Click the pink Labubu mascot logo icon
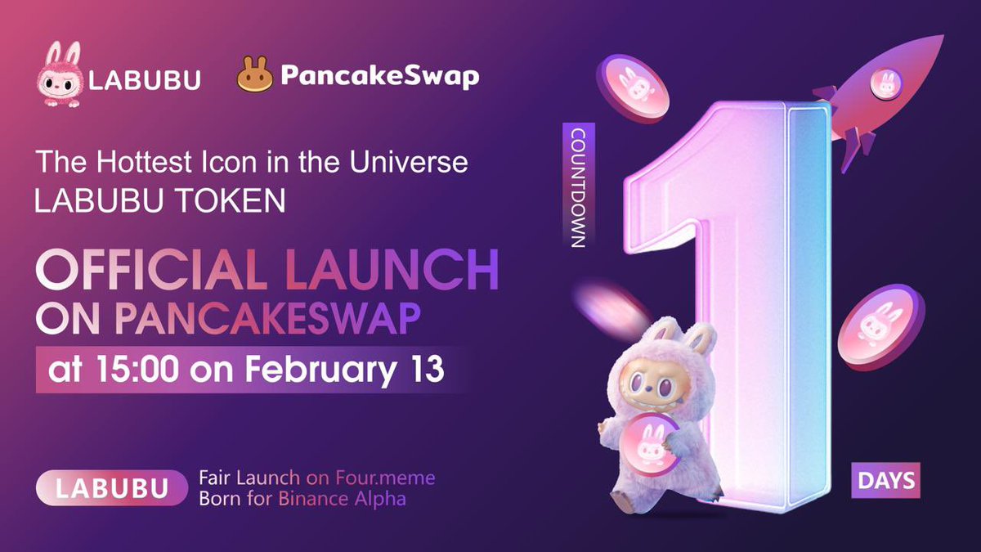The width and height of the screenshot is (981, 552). [x=60, y=77]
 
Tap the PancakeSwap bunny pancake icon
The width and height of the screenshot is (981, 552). [x=254, y=76]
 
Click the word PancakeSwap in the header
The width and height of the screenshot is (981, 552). [x=379, y=77]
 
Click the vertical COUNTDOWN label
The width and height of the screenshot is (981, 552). [x=577, y=187]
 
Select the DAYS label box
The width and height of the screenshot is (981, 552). [x=885, y=480]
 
